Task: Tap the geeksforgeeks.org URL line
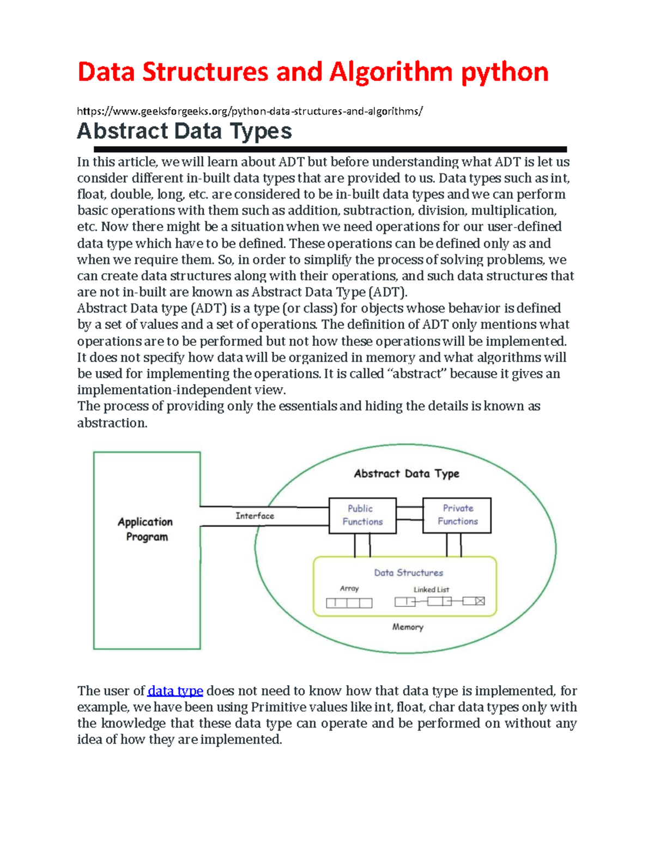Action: pyautogui.click(x=250, y=111)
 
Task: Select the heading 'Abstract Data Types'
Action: pyautogui.click(x=184, y=131)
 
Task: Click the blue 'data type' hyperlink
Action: pyautogui.click(x=175, y=691)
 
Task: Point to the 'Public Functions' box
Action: pyautogui.click(x=362, y=515)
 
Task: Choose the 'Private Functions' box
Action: pyautogui.click(x=457, y=515)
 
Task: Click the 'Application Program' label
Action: pyautogui.click(x=146, y=529)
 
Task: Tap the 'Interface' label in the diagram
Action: pyautogui.click(x=255, y=516)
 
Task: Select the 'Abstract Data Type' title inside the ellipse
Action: pyautogui.click(x=407, y=473)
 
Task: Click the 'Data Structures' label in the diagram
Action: pyautogui.click(x=408, y=573)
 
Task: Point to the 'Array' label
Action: pyautogui.click(x=349, y=588)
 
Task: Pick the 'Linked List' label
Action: pyautogui.click(x=431, y=590)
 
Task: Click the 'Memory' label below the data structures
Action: pyautogui.click(x=408, y=627)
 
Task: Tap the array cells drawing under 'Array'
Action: pyautogui.click(x=349, y=603)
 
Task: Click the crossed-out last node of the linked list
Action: pyautogui.click(x=479, y=601)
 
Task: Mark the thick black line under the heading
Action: pyautogui.click(x=330, y=149)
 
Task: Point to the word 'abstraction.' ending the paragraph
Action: pyautogui.click(x=112, y=423)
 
